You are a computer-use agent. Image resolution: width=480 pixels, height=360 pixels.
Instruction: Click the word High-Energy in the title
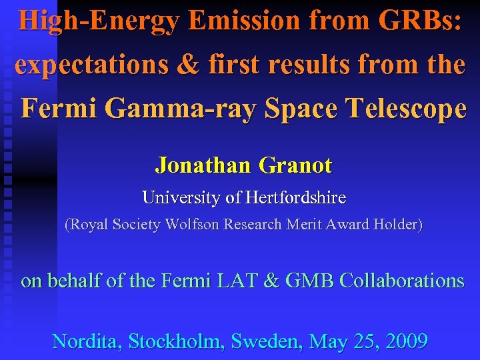click(99, 21)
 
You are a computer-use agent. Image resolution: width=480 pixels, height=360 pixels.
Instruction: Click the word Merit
click(304, 225)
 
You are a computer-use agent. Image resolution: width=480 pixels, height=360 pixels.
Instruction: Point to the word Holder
click(397, 225)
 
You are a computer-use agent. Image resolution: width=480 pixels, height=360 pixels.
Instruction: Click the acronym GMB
click(309, 281)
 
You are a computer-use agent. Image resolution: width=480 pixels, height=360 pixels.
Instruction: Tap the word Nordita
click(87, 341)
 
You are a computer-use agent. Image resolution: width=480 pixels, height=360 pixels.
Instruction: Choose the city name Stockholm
click(176, 341)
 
